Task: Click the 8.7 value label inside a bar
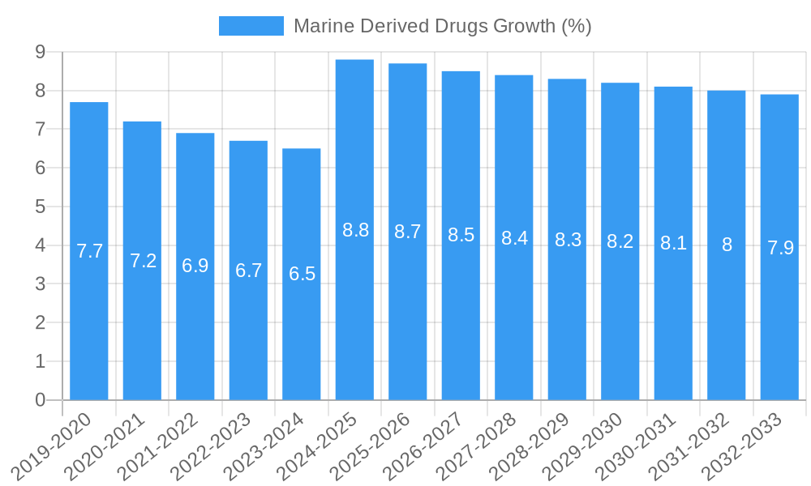pos(408,232)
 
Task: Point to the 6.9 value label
pos(195,266)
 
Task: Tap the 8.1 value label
pos(673,243)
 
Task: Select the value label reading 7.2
pos(143,261)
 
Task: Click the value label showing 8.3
pos(568,240)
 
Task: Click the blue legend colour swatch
pos(251,26)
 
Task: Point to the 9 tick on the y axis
pos(40,53)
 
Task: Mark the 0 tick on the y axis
pos(40,400)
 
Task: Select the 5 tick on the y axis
pos(40,207)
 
